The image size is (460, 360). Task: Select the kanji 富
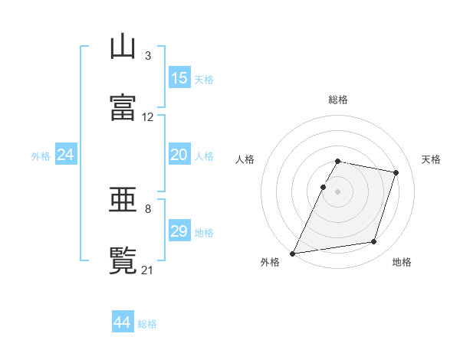pyautogui.click(x=123, y=107)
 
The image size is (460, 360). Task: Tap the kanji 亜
pyautogui.click(x=123, y=199)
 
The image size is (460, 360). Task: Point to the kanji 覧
pyautogui.click(x=123, y=260)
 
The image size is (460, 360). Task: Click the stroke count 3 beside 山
pyautogui.click(x=148, y=56)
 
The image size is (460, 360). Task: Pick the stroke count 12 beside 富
pyautogui.click(x=147, y=117)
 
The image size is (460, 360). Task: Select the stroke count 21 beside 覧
pyautogui.click(x=147, y=270)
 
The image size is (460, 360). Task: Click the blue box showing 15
pyautogui.click(x=179, y=77)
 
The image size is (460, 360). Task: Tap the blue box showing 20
pyautogui.click(x=179, y=154)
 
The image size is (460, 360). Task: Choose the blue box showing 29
pyautogui.click(x=179, y=230)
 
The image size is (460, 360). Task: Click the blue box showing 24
pyautogui.click(x=66, y=154)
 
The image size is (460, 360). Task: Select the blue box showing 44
pyautogui.click(x=123, y=321)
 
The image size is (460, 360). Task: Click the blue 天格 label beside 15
pyautogui.click(x=204, y=80)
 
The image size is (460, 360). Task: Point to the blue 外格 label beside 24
pyautogui.click(x=41, y=156)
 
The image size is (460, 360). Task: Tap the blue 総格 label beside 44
pyautogui.click(x=147, y=324)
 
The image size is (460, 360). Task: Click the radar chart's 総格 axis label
pyautogui.click(x=338, y=100)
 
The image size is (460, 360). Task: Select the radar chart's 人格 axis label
pyautogui.click(x=245, y=159)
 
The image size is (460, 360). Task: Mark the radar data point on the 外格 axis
pyautogui.click(x=293, y=254)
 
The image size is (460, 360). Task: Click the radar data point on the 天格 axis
pyautogui.click(x=396, y=172)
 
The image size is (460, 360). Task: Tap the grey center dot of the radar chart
pyautogui.click(x=337, y=191)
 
